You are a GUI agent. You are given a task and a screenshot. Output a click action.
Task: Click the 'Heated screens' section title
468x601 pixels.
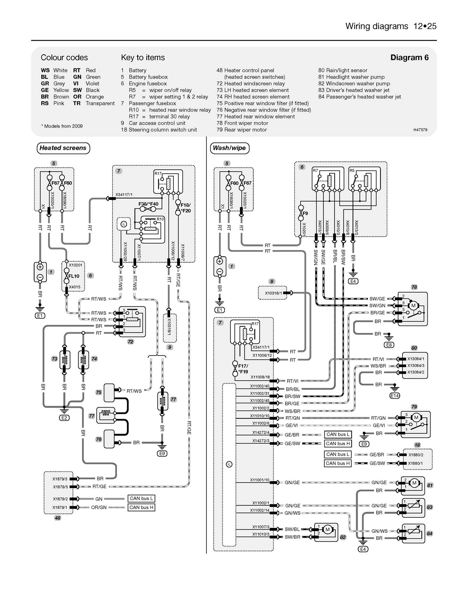[63, 148]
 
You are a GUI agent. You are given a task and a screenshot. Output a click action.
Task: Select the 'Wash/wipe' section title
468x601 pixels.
[229, 148]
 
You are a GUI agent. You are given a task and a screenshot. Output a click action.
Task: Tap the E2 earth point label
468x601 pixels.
[64, 418]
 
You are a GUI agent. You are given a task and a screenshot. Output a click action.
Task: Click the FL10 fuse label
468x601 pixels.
[74, 276]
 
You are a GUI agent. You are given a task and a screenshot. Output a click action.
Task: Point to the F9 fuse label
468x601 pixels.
[305, 213]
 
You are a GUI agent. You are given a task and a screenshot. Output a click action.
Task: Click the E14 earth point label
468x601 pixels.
[394, 396]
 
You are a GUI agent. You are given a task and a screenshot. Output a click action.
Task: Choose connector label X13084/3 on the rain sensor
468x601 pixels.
[415, 366]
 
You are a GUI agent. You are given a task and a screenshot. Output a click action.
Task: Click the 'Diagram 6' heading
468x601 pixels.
[409, 58]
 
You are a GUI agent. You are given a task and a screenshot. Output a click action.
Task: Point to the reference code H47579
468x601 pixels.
[420, 130]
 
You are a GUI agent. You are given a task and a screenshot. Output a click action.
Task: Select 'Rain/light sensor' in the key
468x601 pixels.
[346, 70]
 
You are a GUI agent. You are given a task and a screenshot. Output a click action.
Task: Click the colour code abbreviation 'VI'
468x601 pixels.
[76, 84]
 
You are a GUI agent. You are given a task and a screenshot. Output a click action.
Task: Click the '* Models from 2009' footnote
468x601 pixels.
[62, 126]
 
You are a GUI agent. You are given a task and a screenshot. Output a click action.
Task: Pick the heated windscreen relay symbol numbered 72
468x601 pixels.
[131, 321]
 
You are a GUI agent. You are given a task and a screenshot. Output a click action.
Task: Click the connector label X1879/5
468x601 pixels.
[60, 487]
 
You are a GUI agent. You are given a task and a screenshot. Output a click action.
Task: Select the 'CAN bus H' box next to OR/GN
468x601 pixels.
[141, 508]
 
